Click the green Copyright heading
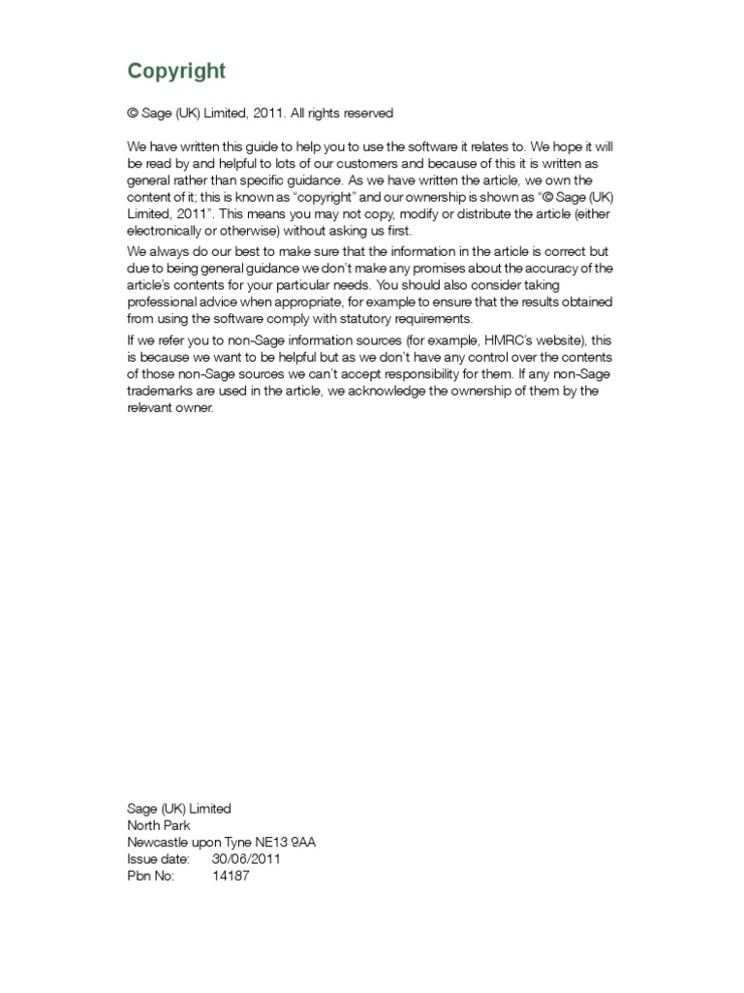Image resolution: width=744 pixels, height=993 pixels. (176, 71)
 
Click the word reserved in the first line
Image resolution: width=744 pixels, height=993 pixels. (366, 113)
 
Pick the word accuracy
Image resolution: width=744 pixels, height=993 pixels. (556, 268)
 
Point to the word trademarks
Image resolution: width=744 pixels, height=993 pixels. (162, 392)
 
